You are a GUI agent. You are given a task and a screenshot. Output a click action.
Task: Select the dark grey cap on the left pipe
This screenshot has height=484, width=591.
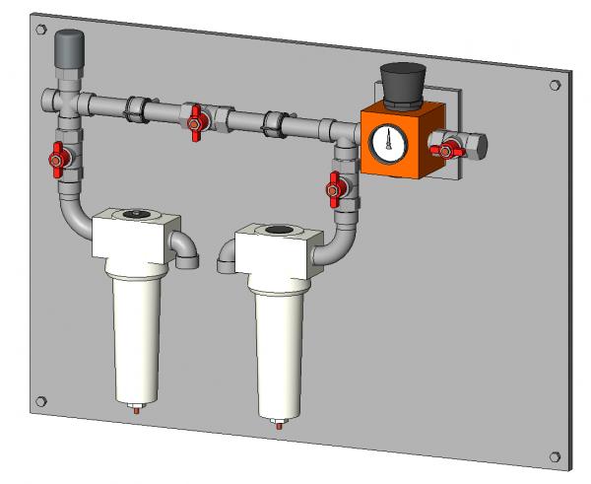67,47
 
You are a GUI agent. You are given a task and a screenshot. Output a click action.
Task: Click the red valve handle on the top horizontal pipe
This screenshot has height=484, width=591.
196,120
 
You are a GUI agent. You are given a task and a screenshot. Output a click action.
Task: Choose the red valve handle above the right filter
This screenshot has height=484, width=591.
336,183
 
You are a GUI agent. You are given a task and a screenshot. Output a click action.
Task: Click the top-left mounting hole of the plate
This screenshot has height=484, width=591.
38,31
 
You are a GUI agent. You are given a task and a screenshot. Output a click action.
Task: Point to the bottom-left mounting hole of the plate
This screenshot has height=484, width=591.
40,401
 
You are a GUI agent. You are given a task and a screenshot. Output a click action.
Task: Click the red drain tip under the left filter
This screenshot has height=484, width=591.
137,411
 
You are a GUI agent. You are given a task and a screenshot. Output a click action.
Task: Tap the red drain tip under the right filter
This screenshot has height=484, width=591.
279,427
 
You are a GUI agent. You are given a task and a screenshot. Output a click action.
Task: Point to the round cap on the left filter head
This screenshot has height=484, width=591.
134,214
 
